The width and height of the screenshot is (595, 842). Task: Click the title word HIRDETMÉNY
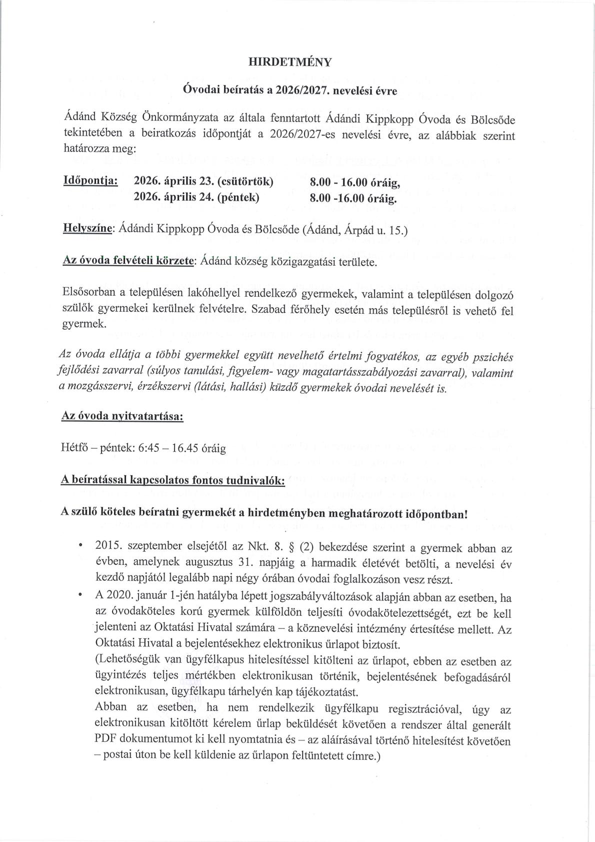click(290, 62)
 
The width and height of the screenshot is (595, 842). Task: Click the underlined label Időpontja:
click(90, 181)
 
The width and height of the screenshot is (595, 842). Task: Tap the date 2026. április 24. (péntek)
click(196, 197)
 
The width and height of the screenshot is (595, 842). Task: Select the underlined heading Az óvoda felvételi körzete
click(128, 261)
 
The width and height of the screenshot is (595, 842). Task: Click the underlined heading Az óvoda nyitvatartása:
click(121, 416)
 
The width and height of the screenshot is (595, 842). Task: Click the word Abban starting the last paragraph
click(110, 707)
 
